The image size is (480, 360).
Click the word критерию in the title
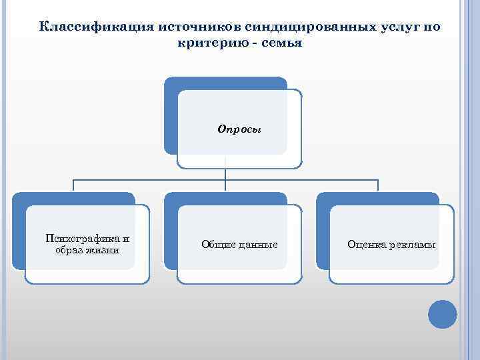pos(213,43)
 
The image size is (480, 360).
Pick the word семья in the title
pos(283,43)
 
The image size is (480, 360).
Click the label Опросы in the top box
pos(239,129)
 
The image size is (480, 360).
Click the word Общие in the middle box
pos(218,245)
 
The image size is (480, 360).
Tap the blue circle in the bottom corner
pos(442,314)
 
